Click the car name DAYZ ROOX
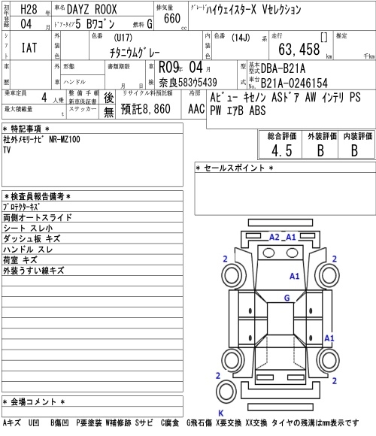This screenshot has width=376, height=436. tap(92, 10)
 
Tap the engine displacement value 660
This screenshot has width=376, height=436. tap(172, 18)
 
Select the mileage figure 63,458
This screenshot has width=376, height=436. tap(299, 49)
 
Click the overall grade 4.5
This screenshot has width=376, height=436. tap(282, 150)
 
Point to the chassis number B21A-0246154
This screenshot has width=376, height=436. tap(294, 83)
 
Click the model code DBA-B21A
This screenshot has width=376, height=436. tap(283, 68)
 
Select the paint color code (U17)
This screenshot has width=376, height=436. tap(123, 38)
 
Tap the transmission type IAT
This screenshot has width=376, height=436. tap(29, 47)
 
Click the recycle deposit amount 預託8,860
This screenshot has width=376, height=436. tap(145, 109)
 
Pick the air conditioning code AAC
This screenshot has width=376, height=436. tap(196, 109)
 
